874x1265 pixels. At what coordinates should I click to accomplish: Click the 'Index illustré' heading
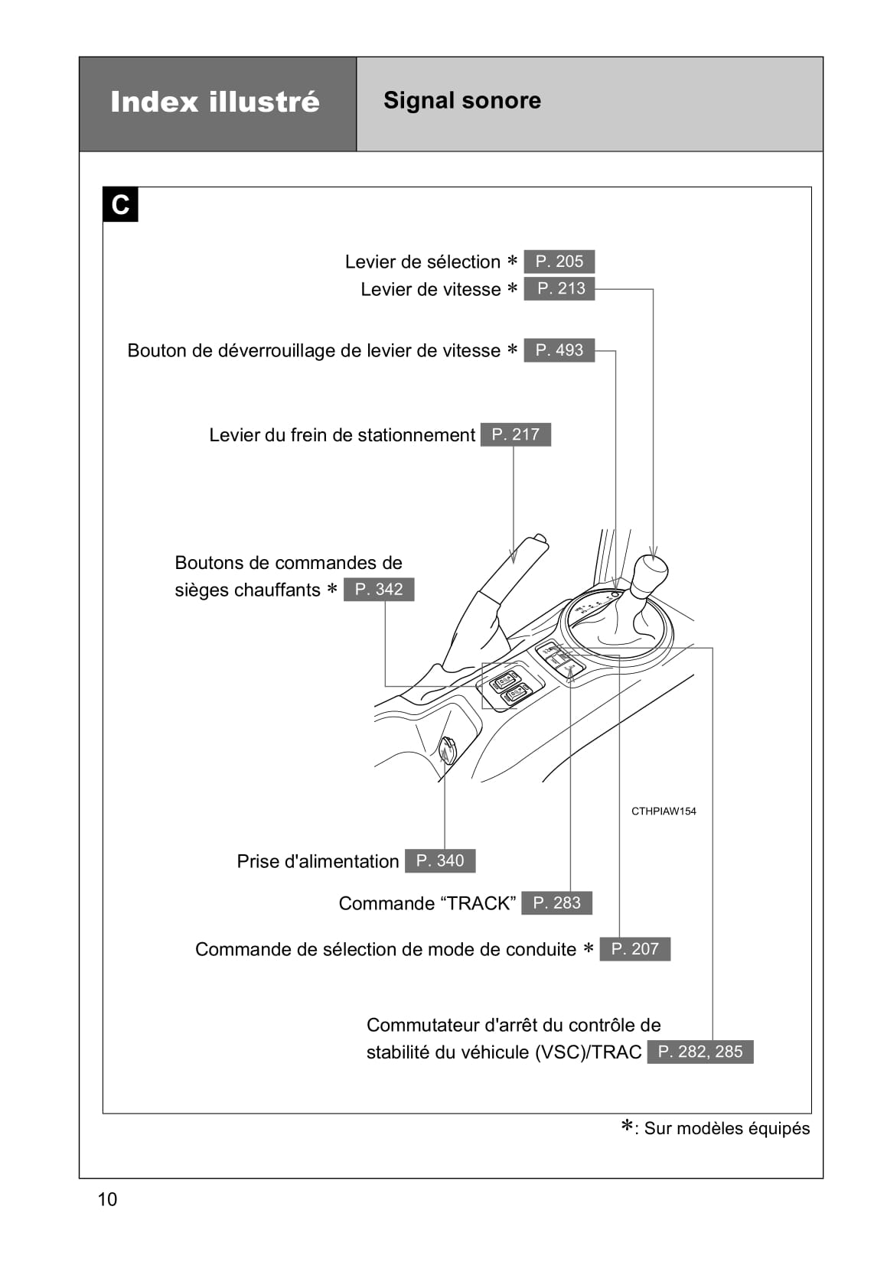(x=215, y=102)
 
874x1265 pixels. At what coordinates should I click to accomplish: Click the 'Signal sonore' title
(x=461, y=100)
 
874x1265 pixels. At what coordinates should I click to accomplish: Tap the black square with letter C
(x=120, y=205)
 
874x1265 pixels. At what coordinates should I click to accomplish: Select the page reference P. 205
(x=559, y=262)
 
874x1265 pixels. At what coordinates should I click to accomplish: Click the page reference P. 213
(x=559, y=288)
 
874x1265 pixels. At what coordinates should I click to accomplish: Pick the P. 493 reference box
(x=559, y=350)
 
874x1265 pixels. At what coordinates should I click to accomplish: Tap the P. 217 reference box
(x=515, y=434)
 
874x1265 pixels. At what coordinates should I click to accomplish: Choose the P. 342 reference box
(x=378, y=590)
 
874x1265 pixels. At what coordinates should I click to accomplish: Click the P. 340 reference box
(x=439, y=861)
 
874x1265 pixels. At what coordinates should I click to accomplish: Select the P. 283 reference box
(x=556, y=903)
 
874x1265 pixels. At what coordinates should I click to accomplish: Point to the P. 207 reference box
(x=634, y=949)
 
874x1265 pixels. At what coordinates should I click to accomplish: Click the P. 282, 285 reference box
(x=700, y=1052)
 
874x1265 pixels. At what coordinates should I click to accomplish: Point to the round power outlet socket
(x=447, y=749)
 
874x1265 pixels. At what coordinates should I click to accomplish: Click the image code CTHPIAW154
(x=664, y=811)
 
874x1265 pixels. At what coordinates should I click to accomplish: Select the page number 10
(x=107, y=1199)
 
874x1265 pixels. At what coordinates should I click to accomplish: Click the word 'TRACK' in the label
(x=479, y=903)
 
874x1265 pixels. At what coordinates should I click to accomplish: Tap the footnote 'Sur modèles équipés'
(x=726, y=1129)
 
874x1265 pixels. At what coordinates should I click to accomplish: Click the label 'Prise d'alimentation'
(x=318, y=862)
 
